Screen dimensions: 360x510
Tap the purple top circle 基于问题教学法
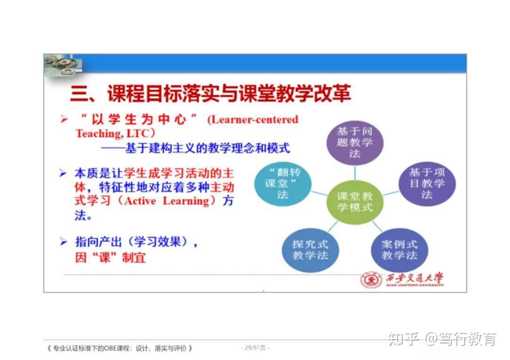(x=355, y=141)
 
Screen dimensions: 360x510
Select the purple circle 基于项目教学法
(x=426, y=183)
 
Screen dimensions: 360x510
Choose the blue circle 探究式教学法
(x=310, y=250)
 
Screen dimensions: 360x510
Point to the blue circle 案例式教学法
(x=399, y=250)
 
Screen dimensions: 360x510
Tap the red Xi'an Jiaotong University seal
(x=371, y=280)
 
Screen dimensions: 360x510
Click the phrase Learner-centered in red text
(x=253, y=119)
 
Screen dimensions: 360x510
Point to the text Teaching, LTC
(x=115, y=134)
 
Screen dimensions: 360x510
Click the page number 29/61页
(x=255, y=348)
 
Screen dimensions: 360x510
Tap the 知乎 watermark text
(x=403, y=339)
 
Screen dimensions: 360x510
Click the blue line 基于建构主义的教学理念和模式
(x=195, y=148)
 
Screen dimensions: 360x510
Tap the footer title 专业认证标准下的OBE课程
(x=120, y=349)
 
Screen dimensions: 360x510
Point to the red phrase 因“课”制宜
(x=110, y=258)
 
